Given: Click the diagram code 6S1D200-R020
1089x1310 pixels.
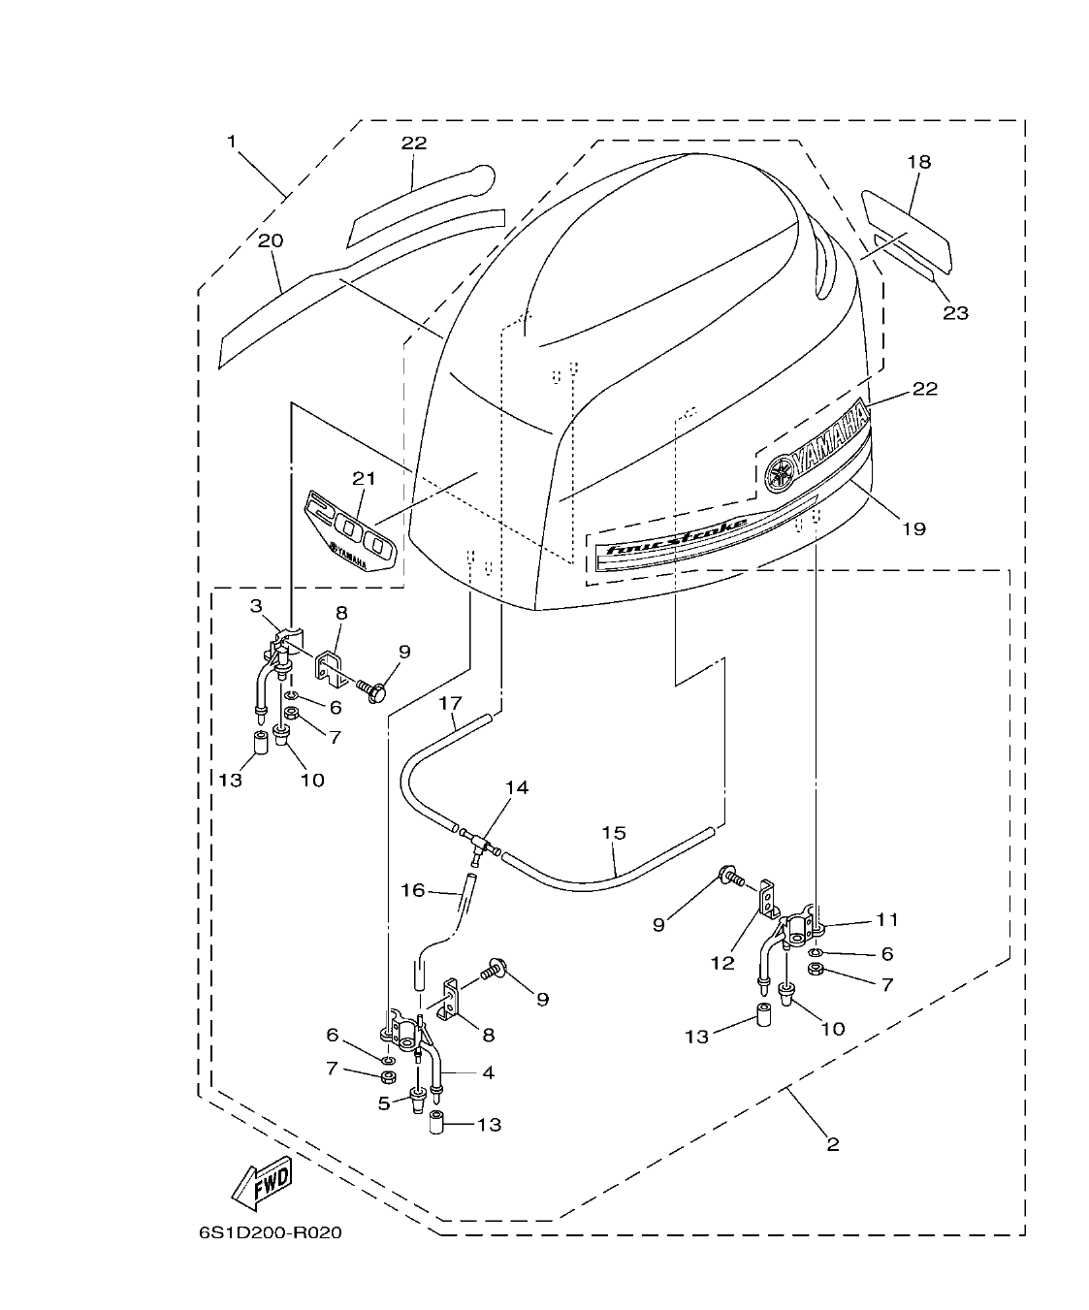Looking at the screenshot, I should pos(271,1234).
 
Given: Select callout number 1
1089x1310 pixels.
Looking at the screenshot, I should pos(232,142).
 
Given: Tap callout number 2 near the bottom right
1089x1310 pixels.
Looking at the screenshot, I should pos(832,1144).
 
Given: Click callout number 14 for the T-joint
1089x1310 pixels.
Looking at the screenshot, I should pos(517,787).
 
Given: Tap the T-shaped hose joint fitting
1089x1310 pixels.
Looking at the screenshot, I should pos(478,839).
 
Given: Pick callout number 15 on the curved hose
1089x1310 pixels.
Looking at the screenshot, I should pos(614,833).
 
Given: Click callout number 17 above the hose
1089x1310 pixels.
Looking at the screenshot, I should pos(450,701).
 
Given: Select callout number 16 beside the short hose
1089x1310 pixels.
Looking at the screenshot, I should pos(413,889).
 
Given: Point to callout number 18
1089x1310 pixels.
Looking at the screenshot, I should pos(918,162).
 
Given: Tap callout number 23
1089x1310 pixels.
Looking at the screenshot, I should pos(955,312).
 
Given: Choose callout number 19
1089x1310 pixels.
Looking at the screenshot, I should pos(913,528).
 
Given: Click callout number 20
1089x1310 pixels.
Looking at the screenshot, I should pos(271,240).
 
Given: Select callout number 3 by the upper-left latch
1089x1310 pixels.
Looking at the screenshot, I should pos(256,606).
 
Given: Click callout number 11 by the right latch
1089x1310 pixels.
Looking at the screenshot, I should pos(887,919).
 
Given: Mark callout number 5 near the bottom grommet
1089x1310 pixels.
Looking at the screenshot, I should pos(384,1102).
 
